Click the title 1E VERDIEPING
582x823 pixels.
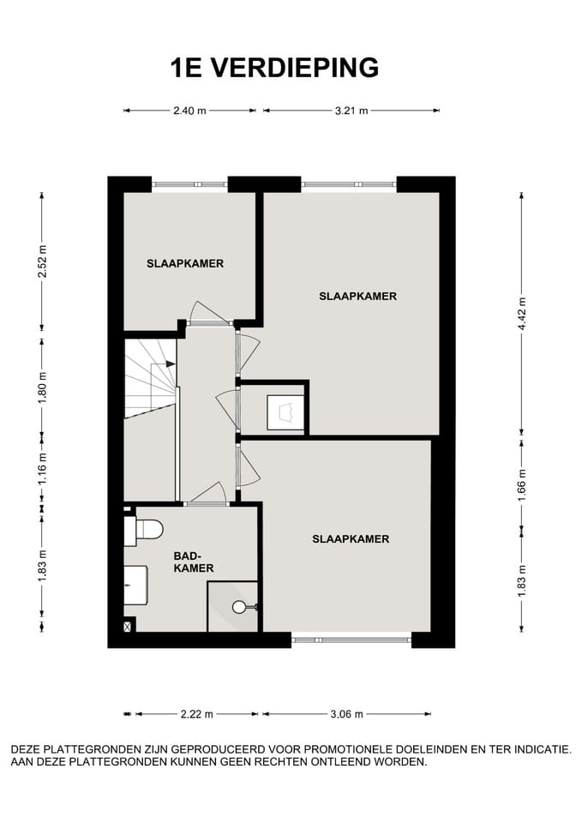pos(274,67)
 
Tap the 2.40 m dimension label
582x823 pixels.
pos(189,111)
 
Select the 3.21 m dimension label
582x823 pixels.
pos(351,111)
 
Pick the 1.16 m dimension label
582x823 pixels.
pos(42,468)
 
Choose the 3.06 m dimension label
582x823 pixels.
pos(346,713)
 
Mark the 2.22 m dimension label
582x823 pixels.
pos(196,713)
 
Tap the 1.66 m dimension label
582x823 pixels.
pos(521,484)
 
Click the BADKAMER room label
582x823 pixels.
pos(193,562)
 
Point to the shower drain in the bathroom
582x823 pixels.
pos(238,607)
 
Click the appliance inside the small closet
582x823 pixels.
pos(285,411)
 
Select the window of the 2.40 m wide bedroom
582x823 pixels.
pos(189,183)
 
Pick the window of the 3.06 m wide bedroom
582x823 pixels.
pos(351,638)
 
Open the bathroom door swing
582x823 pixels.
pos(209,493)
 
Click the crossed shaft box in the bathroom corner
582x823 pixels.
pos(129,628)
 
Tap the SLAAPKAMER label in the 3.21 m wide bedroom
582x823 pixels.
pos(357,297)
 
